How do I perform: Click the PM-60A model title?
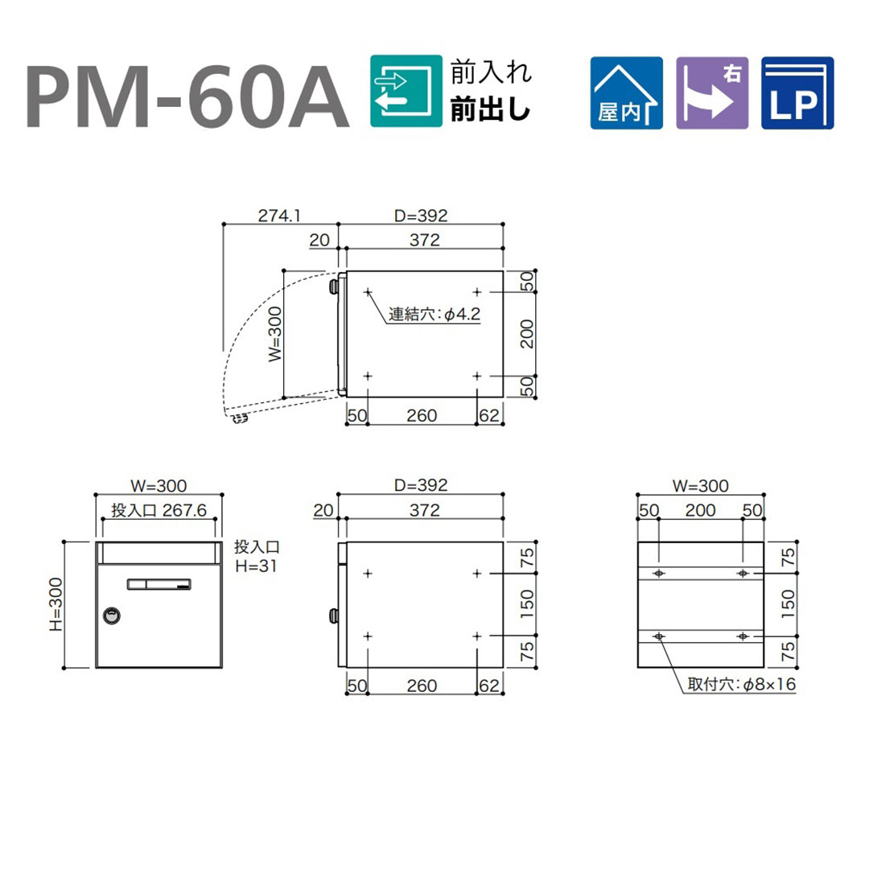(187, 96)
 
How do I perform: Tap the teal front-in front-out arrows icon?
(406, 91)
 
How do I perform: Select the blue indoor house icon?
(626, 93)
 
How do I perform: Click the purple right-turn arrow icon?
(712, 93)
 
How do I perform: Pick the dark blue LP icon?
(797, 93)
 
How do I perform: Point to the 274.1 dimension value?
(279, 215)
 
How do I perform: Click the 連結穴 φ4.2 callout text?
(434, 315)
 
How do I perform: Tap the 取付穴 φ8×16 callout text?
(742, 684)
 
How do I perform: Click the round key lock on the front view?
(112, 616)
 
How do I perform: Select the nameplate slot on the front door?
(159, 583)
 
